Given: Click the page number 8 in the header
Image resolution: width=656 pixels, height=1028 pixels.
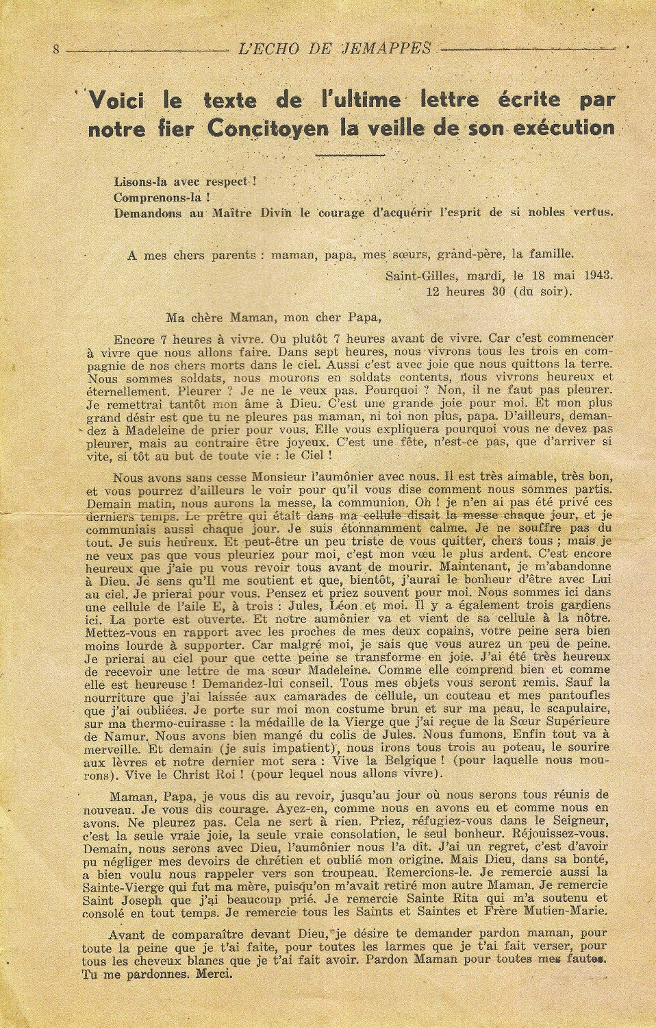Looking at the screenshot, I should (x=56, y=49).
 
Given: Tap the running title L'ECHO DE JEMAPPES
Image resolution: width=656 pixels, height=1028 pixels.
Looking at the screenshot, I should (x=335, y=49).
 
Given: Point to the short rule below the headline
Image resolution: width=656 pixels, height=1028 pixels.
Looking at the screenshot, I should (x=351, y=154).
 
